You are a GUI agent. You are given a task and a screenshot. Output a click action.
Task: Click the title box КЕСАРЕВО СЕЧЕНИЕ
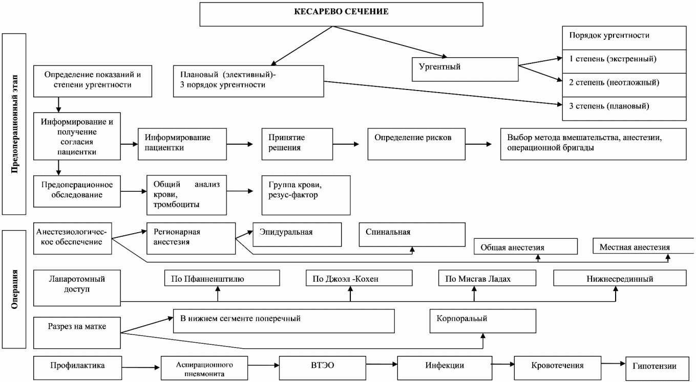pos(341,14)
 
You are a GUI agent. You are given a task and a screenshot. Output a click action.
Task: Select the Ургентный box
pos(465,69)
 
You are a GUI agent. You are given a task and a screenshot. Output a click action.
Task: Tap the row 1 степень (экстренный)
pos(624,61)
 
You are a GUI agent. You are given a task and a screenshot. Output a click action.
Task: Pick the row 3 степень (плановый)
pos(624,108)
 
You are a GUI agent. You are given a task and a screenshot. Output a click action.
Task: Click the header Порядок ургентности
pos(624,38)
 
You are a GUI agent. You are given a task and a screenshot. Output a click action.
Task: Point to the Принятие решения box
pos(297,144)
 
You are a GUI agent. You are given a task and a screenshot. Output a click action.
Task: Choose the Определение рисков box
pos(416,144)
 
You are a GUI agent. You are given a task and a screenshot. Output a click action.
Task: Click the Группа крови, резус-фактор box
pos(306,195)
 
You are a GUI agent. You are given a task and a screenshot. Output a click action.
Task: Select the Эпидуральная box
pos(297,235)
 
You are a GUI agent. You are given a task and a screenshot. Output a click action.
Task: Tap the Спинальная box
pos(412,235)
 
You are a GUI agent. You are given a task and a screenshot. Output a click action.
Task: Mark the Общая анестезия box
pos(525,246)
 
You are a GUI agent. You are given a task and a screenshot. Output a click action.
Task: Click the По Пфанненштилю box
pos(222,278)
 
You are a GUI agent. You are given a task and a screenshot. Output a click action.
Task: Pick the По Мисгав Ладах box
pos(487,278)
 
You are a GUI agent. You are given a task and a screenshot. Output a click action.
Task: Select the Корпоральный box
pos(482,321)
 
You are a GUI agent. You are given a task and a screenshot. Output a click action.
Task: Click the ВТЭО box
pos(322,368)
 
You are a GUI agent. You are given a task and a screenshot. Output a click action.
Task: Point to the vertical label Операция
pos(14,289)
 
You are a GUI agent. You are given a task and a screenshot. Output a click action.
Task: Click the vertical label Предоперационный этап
pos(14,124)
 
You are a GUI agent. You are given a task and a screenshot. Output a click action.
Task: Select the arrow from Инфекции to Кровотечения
pos(503,364)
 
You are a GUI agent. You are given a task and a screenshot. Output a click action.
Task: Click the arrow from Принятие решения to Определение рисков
pos(346,144)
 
